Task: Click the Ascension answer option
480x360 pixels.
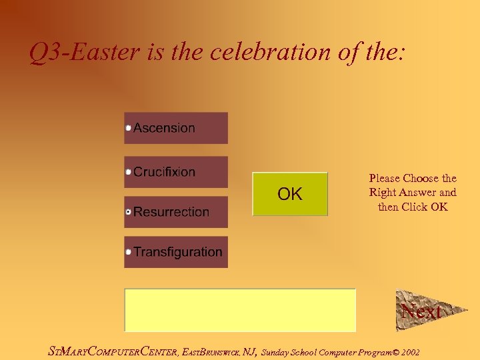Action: [x=176, y=128]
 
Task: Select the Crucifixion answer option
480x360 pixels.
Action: [x=176, y=172]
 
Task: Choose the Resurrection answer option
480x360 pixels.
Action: [x=176, y=212]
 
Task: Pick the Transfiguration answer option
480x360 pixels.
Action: [x=176, y=252]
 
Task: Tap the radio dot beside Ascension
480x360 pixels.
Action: [x=129, y=128]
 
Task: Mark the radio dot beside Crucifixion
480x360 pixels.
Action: [x=129, y=172]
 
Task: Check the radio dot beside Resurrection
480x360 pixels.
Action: [x=129, y=212]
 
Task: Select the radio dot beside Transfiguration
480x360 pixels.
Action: [x=129, y=252]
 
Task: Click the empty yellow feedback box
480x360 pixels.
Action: [x=240, y=310]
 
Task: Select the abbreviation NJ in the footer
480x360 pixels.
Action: [x=249, y=351]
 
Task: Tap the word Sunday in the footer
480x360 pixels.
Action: [x=274, y=352]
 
